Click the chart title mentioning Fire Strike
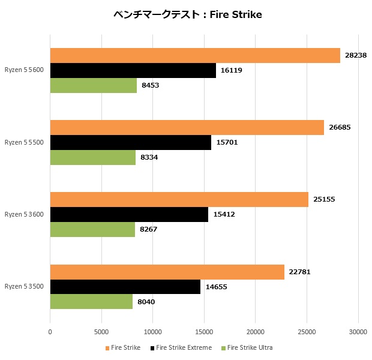pos(187,14)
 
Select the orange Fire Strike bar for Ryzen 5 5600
pos(195,55)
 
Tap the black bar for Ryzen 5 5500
pos(130,142)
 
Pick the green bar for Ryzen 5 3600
pos(92,229)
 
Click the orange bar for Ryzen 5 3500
pos(167,272)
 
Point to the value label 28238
pos(356,55)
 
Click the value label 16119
pos(231,70)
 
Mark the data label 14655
pos(216,287)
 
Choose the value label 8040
pos(146,302)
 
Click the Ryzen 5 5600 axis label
pos(24,70)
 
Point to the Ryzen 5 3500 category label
pos(24,287)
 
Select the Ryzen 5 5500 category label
pos(24,142)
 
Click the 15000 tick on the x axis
pos(204,331)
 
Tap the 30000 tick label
pos(358,331)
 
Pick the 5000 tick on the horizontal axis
pos(101,331)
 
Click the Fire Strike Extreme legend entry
pos(184,347)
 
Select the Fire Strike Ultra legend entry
pos(250,347)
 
